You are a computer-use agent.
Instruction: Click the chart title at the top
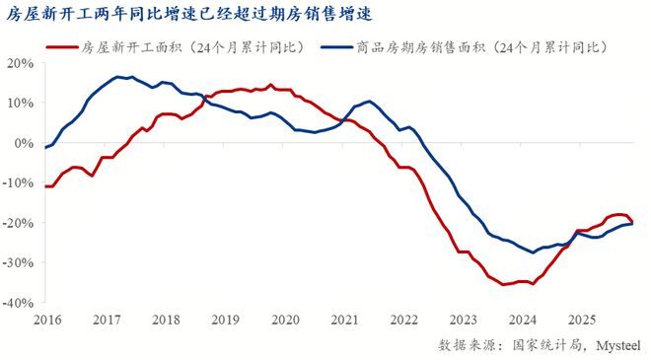191,14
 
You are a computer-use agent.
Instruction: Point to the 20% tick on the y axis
22,62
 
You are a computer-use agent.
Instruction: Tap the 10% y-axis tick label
22,103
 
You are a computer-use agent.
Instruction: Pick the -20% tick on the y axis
20,223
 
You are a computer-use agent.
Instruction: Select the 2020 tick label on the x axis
285,320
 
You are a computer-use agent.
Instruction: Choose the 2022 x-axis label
403,320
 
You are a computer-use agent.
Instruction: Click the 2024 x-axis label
523,320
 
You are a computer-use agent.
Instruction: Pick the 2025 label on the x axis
582,320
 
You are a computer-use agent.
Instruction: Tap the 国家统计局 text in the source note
543,344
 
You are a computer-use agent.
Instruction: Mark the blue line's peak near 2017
117,76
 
